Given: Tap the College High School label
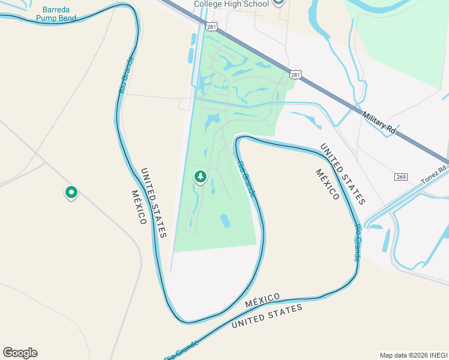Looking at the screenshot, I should point(231,4).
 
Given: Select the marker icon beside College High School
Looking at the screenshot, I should point(278,2).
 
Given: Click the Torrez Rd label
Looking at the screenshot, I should point(431,176).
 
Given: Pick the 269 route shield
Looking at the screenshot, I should point(402,177).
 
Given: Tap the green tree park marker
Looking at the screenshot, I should point(200,177).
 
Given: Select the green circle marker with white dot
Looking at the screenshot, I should point(71,193).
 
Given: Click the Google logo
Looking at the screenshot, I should point(20,352).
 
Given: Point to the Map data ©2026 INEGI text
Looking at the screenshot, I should point(413,355).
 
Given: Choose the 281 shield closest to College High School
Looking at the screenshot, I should point(211,26).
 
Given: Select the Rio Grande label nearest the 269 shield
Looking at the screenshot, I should point(357,243).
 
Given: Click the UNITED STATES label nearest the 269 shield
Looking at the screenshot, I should point(342,173).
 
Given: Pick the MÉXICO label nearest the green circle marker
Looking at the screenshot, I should point(138,207).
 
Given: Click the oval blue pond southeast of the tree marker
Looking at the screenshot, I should point(225,221).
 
